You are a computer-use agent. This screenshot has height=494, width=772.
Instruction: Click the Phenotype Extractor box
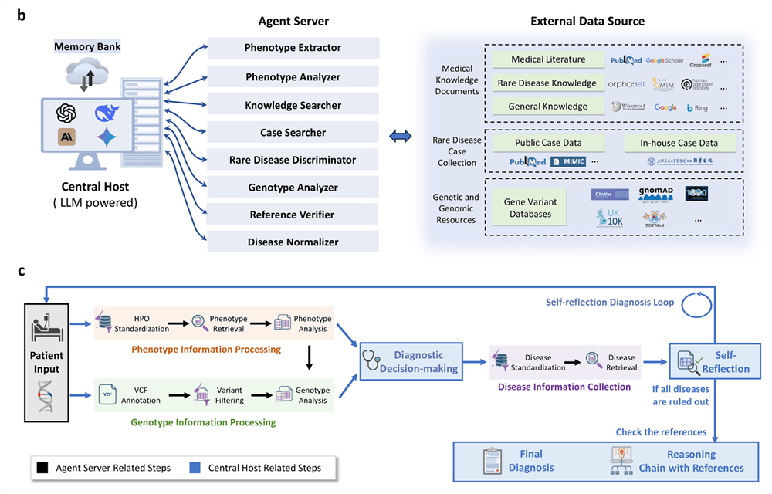click(x=293, y=48)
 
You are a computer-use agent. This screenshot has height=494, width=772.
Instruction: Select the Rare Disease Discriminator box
click(x=293, y=160)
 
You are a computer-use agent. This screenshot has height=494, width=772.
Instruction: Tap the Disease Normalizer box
click(x=293, y=242)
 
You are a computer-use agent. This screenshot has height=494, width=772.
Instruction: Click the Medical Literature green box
click(x=548, y=59)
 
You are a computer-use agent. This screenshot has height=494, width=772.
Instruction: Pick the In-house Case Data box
click(x=679, y=143)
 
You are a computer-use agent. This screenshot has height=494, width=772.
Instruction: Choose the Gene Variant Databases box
click(x=529, y=208)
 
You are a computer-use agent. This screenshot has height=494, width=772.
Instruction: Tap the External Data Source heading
click(x=587, y=21)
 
